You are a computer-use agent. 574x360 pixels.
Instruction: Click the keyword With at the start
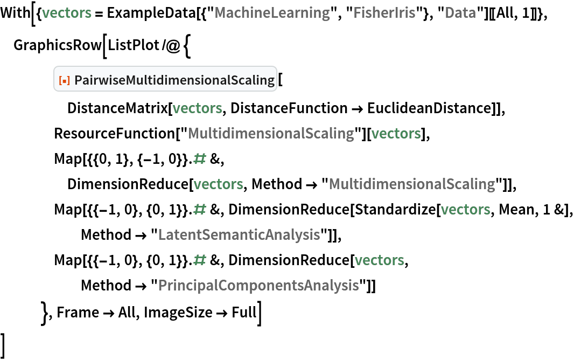(16, 13)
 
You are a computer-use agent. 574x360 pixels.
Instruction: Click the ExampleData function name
(151, 13)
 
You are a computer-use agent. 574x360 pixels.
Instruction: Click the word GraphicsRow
(58, 45)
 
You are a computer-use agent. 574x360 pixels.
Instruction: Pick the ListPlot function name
(134, 45)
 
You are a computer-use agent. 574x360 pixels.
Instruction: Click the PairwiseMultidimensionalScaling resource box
(165, 79)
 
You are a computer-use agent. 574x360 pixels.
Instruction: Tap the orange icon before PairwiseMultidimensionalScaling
(64, 80)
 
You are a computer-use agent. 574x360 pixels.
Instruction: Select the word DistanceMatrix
(117, 108)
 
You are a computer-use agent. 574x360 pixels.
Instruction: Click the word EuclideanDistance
(429, 108)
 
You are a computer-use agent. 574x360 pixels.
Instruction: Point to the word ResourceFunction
(115, 133)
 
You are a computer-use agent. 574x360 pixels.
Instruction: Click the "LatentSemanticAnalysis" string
(240, 235)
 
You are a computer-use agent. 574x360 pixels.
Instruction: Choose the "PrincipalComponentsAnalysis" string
(259, 285)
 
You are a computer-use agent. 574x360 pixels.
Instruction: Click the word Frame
(78, 313)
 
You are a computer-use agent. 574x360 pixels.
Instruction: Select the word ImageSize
(178, 313)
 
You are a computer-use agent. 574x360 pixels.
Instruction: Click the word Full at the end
(244, 313)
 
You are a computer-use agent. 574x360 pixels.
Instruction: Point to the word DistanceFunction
(289, 108)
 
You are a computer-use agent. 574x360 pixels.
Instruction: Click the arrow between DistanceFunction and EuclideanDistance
(358, 109)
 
